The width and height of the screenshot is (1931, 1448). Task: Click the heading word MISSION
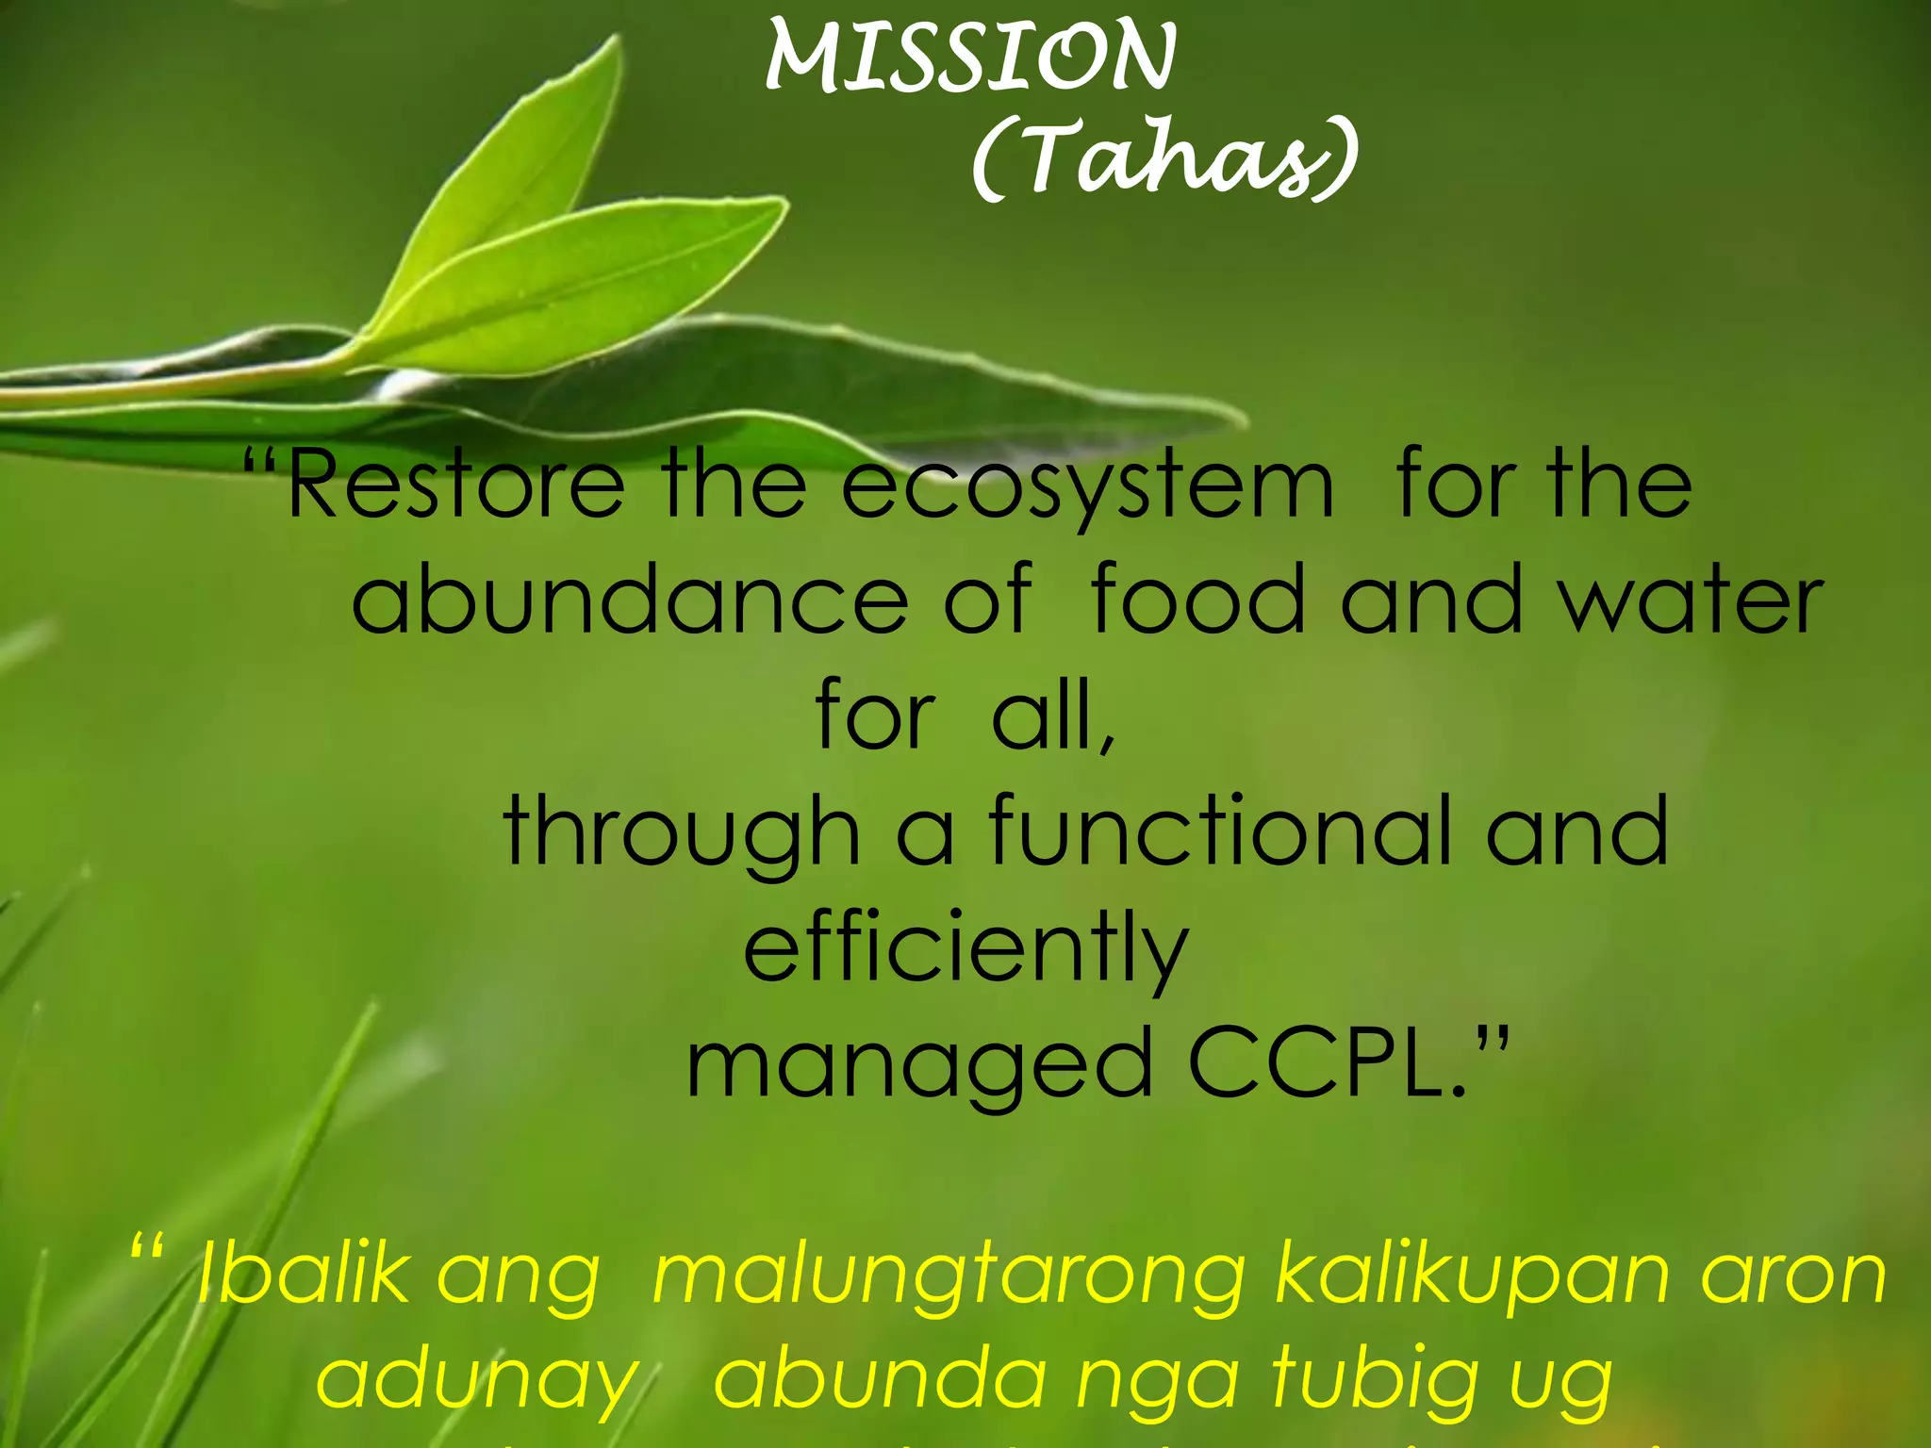tap(970, 58)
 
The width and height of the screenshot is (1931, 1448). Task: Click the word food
tap(1197, 599)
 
